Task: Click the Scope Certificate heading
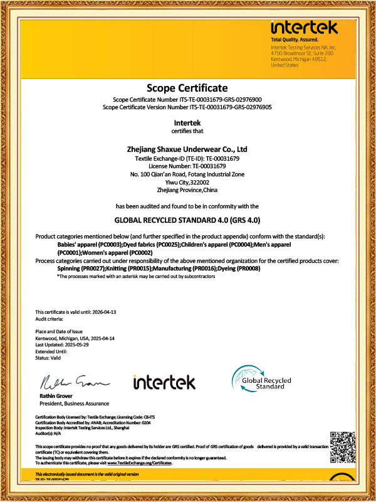coord(187,87)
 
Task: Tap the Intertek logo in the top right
coord(304,28)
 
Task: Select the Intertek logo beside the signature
coord(164,382)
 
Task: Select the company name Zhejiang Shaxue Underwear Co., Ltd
coord(187,149)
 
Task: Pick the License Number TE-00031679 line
coord(187,166)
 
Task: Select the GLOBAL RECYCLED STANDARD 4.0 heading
coord(187,221)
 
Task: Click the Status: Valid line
coord(48,358)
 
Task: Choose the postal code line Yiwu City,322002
coord(187,181)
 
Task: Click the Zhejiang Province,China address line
coord(187,190)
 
